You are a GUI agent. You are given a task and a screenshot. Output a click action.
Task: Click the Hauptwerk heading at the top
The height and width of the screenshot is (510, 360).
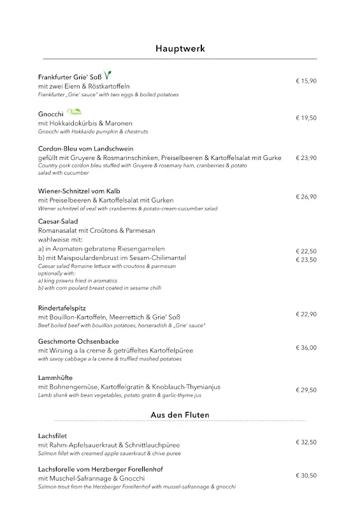click(180, 48)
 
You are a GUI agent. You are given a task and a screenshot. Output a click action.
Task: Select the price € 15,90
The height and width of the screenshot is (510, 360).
click(306, 81)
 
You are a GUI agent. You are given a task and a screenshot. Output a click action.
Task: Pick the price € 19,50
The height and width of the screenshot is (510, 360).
click(306, 118)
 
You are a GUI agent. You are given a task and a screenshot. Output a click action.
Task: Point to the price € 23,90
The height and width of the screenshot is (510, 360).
click(306, 157)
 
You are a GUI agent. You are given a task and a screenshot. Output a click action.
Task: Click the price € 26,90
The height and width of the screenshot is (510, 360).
click(306, 197)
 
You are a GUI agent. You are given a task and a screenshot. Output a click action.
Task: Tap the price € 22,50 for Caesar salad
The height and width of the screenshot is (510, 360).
click(306, 251)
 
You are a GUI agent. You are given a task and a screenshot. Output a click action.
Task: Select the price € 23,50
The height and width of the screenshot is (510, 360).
click(306, 259)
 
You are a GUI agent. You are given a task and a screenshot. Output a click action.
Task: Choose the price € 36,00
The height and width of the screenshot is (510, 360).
click(306, 348)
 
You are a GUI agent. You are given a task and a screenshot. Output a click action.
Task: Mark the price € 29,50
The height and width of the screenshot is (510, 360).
click(306, 390)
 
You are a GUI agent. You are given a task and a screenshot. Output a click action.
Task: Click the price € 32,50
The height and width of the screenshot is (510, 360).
click(306, 442)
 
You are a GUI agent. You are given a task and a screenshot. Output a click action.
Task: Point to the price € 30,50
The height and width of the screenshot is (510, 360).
click(306, 476)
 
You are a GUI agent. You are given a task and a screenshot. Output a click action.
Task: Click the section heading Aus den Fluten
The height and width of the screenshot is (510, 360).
click(180, 415)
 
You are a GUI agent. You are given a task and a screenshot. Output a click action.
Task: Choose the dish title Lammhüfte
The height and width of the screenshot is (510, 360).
click(54, 378)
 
